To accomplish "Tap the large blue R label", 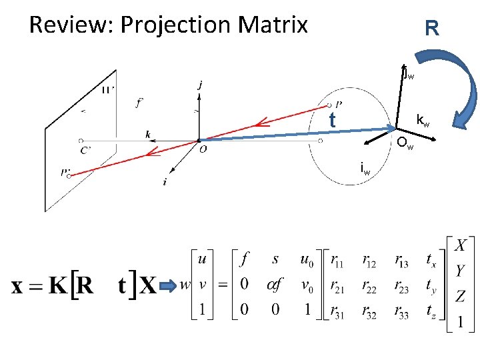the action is click(x=431, y=29).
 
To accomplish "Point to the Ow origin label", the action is click(x=405, y=143).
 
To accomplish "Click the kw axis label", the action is click(x=423, y=121).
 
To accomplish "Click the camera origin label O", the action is click(x=202, y=151).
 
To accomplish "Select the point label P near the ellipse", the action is click(x=339, y=105).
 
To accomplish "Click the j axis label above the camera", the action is click(x=201, y=85).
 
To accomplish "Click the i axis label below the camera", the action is click(x=165, y=181).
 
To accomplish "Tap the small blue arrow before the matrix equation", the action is click(x=167, y=286).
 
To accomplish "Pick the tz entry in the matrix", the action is click(x=430, y=311).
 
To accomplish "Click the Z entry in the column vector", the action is click(x=459, y=295).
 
